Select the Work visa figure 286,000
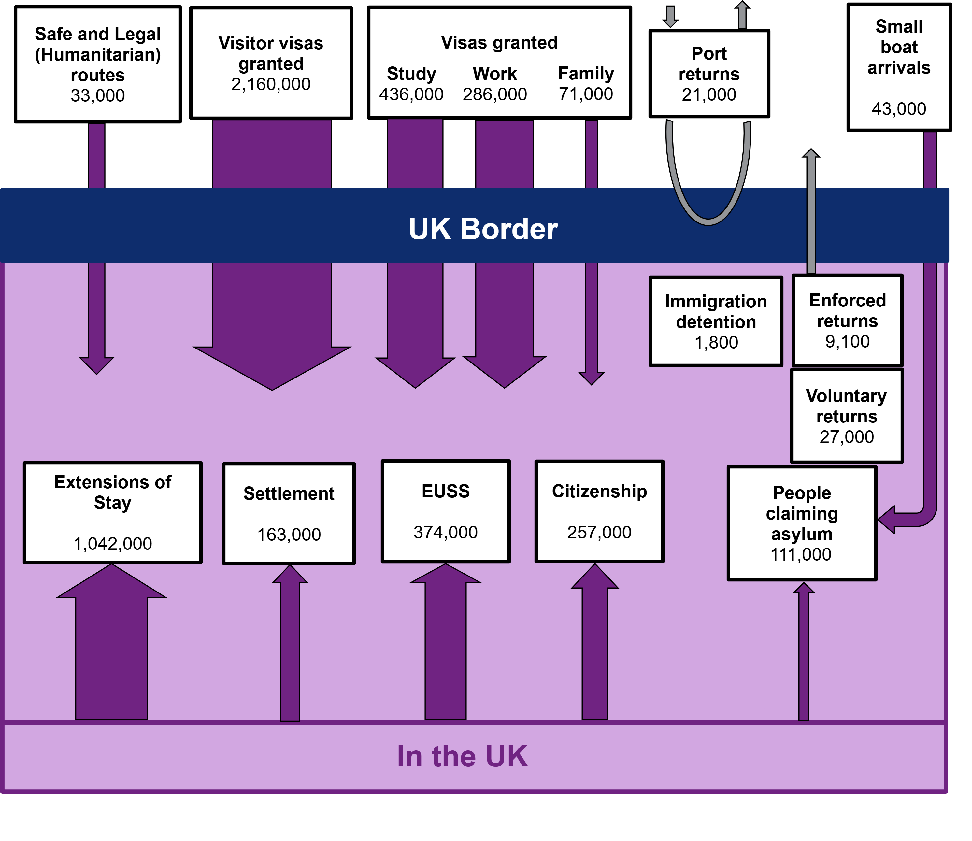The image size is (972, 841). (x=495, y=94)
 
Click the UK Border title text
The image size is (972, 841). (x=483, y=229)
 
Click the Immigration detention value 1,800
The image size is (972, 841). (x=716, y=343)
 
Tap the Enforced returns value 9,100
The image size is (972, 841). (x=848, y=341)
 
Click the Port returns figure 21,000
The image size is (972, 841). (x=709, y=95)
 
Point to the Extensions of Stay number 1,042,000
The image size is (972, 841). (x=113, y=544)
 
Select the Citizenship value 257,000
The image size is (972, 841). (x=599, y=532)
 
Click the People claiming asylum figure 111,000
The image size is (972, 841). (x=801, y=555)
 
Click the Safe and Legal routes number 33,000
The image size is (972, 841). (x=98, y=96)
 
